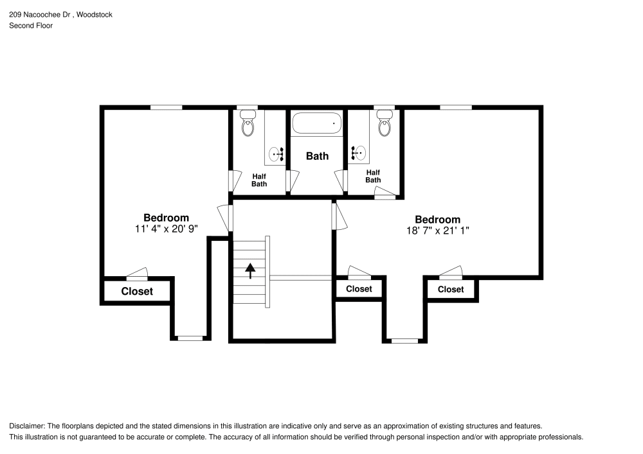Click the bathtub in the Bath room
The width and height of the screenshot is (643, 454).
(x=317, y=123)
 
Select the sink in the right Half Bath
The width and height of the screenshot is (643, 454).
(x=358, y=153)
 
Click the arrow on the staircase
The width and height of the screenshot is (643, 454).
(x=249, y=270)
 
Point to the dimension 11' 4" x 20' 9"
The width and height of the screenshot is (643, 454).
(x=166, y=229)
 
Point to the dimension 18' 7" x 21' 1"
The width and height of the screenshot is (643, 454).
(x=437, y=230)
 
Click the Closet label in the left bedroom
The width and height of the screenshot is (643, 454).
(x=138, y=292)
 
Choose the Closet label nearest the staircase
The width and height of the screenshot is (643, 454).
(x=359, y=289)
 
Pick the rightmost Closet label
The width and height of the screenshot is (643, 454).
(x=451, y=290)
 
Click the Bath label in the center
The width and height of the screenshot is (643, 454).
(x=317, y=156)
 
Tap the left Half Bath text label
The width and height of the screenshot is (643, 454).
(x=259, y=180)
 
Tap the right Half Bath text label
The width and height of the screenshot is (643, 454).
(x=373, y=176)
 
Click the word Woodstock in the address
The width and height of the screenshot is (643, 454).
(x=95, y=14)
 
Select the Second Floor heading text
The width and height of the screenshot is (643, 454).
(x=31, y=26)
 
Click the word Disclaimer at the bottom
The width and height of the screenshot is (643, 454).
(x=26, y=426)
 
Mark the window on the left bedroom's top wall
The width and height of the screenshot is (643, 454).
(x=166, y=107)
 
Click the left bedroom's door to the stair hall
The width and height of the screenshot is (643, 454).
(x=224, y=218)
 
